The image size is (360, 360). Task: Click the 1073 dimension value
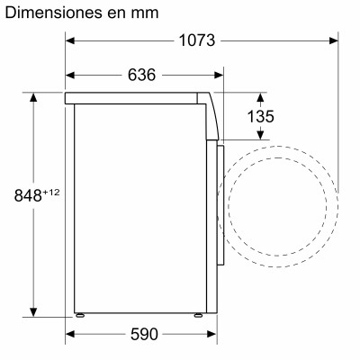[196, 40]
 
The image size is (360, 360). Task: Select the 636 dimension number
[142, 75]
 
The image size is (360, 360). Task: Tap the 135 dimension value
[261, 117]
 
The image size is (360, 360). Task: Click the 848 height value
[28, 195]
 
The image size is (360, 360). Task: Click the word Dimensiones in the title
[53, 13]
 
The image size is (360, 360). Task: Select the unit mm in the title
[143, 13]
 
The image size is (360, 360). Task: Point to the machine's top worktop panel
[135, 95]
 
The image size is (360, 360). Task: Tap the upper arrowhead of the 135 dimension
[261, 95]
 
